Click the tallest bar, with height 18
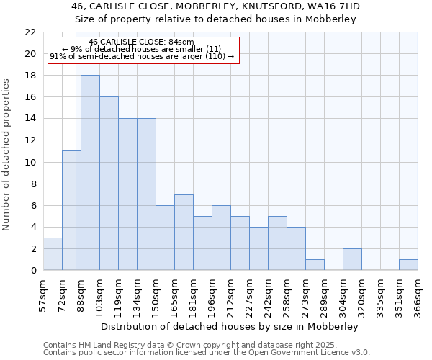point(90,173)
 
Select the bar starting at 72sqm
point(71,210)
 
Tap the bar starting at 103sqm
point(109,184)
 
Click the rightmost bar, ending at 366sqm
point(408,264)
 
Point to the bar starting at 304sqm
point(352,259)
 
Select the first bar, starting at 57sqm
point(53,253)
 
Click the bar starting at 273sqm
point(315,264)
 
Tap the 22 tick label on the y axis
point(30,32)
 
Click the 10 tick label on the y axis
point(30,162)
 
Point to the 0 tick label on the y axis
point(33,270)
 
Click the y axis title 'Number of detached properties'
point(7,155)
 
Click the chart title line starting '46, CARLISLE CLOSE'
point(216,6)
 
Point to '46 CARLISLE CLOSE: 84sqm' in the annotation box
point(142,42)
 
